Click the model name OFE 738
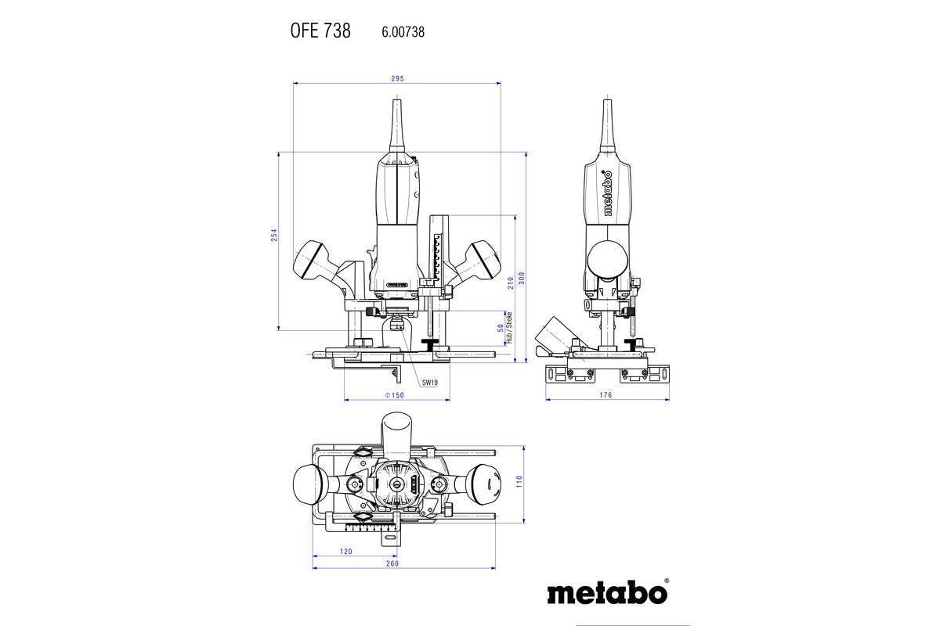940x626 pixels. click(320, 31)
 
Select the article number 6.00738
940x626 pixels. click(403, 32)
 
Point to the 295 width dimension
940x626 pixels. click(397, 78)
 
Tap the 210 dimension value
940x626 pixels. click(510, 282)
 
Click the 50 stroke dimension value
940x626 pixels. click(501, 329)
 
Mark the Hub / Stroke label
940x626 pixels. click(508, 329)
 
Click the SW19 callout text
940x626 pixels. click(430, 383)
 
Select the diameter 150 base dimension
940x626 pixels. click(395, 395)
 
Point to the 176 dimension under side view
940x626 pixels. click(606, 395)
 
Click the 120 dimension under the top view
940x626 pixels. click(345, 552)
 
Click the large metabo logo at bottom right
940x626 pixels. click(608, 592)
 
